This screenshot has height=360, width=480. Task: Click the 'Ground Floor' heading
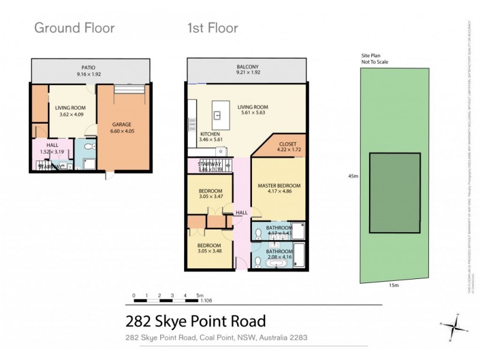pos(74,28)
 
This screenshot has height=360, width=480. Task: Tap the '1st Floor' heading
pos(212,28)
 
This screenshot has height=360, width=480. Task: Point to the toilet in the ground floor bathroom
pos(88,146)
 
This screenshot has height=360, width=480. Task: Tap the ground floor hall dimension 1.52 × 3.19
pos(52,152)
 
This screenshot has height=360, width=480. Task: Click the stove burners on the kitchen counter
pos(192,124)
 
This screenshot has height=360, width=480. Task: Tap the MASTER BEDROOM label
pos(279,185)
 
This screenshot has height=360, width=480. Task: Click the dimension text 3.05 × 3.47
pos(211,196)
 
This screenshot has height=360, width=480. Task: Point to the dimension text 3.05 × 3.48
pos(209,250)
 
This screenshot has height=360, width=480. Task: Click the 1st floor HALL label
pos(241,212)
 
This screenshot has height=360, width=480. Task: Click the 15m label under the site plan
pos(394,285)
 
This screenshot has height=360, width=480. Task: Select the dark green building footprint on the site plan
pos(394,193)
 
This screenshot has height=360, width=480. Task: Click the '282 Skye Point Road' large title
pos(195,322)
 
